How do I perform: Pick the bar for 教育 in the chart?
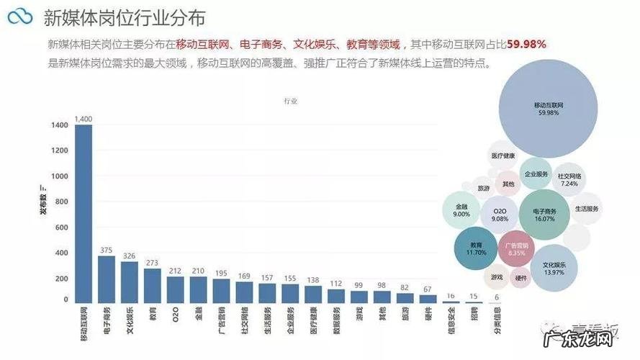pos(153,285)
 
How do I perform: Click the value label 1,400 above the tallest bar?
pos(84,119)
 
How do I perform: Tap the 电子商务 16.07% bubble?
pos(544,215)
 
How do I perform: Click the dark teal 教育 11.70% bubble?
pos(476,248)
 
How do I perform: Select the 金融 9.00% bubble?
pos(461,210)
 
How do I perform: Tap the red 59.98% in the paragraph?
pos(526,44)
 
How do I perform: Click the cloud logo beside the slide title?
pos(20,17)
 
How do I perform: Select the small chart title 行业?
pos(290,102)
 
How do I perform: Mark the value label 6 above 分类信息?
pos(496,297)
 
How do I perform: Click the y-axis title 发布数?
pos(43,204)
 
